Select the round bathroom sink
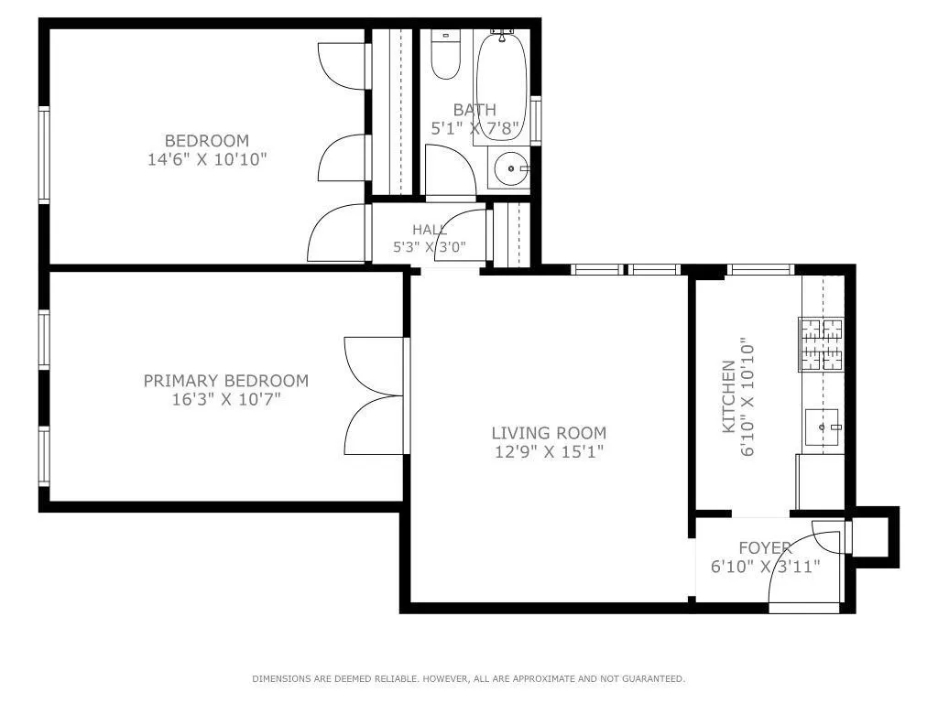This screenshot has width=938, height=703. click(511, 168)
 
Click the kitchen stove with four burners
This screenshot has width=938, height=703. click(822, 344)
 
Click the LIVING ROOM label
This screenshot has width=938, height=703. click(549, 433)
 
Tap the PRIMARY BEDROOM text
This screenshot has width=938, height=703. click(226, 381)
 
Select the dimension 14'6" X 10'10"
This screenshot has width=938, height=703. click(207, 159)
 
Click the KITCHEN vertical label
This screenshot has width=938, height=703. click(728, 396)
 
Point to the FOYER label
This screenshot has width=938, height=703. click(765, 547)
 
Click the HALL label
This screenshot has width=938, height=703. click(429, 229)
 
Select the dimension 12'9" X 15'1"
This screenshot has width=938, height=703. click(549, 451)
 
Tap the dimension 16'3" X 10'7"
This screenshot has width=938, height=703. click(226, 399)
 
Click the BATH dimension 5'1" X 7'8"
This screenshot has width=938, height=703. click(474, 128)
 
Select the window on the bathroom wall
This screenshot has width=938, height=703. click(536, 120)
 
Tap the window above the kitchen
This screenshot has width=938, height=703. click(760, 270)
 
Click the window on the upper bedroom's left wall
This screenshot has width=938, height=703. click(44, 155)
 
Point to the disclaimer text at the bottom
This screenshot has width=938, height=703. click(468, 678)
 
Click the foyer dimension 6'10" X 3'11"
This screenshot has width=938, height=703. click(765, 566)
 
